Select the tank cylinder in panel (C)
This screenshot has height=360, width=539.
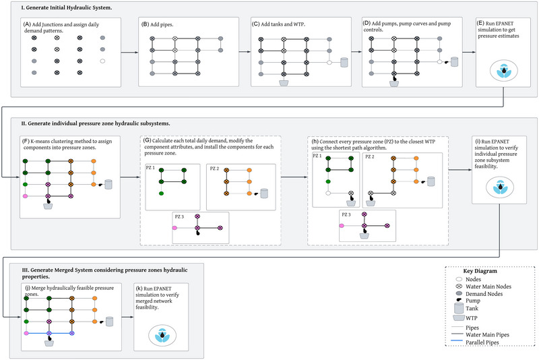[x=344, y=62]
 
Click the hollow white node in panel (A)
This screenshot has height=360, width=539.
[x=102, y=61]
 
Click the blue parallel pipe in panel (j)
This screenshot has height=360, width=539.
[x=60, y=334]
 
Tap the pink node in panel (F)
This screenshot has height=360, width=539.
[x=24, y=196]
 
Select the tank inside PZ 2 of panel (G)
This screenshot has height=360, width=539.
[x=263, y=193]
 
